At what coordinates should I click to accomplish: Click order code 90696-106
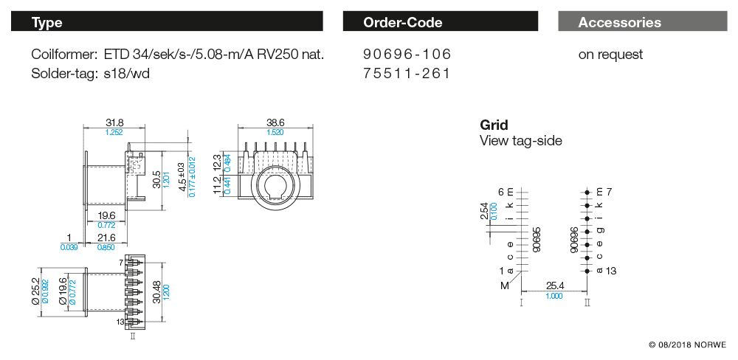click(407, 55)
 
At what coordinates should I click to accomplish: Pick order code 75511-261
click(407, 74)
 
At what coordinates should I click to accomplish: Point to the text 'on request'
click(610, 55)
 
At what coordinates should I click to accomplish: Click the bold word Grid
click(494, 125)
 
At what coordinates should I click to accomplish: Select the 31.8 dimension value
click(114, 122)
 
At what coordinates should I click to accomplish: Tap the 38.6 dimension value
click(275, 122)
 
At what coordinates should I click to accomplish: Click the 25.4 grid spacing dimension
click(556, 285)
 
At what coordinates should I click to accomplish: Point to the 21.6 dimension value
click(108, 238)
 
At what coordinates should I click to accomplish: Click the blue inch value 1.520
click(275, 132)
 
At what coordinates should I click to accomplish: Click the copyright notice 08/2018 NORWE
click(687, 345)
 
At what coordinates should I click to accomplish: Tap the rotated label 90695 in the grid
click(537, 240)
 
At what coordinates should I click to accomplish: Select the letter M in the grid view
click(505, 285)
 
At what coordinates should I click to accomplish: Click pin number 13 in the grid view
click(610, 271)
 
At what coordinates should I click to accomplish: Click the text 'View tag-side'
click(520, 140)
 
